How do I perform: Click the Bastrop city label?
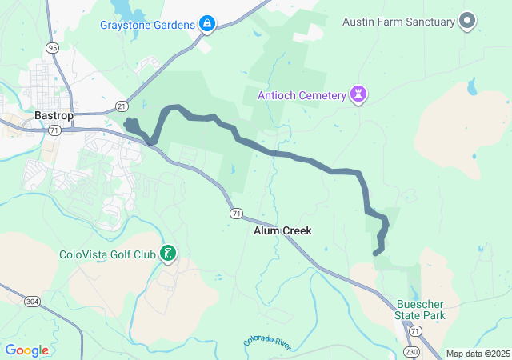(x=54, y=115)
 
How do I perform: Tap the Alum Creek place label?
(x=282, y=230)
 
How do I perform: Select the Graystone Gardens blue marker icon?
(x=207, y=24)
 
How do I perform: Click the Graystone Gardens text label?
(x=147, y=24)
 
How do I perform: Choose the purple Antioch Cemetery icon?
(x=359, y=96)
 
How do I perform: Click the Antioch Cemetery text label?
(x=302, y=96)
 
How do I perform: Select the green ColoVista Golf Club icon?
(x=168, y=255)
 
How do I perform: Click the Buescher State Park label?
(x=421, y=310)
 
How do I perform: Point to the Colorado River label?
(x=268, y=342)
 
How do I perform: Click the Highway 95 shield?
(x=53, y=48)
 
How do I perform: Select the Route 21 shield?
(x=121, y=106)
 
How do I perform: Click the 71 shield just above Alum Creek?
(x=236, y=214)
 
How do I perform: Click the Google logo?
(x=26, y=350)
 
